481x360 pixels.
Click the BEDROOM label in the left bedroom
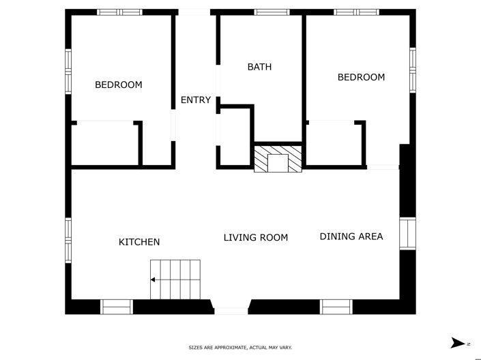[118, 85]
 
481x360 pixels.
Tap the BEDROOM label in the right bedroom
[361, 77]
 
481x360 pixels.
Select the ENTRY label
[195, 100]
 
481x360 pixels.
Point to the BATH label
[259, 67]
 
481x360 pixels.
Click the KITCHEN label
[139, 242]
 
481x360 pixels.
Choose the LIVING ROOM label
[256, 237]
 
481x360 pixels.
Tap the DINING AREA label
[351, 237]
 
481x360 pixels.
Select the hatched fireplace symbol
[278, 159]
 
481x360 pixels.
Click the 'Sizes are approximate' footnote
[240, 348]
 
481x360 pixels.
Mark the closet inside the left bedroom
[106, 143]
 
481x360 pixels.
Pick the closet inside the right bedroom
[334, 143]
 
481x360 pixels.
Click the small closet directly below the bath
[234, 136]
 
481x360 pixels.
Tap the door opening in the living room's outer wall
[231, 311]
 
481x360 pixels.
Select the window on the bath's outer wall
[272, 12]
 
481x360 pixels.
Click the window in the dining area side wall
[407, 234]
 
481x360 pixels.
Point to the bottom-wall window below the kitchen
[117, 307]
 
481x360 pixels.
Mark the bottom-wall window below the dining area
[336, 307]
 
